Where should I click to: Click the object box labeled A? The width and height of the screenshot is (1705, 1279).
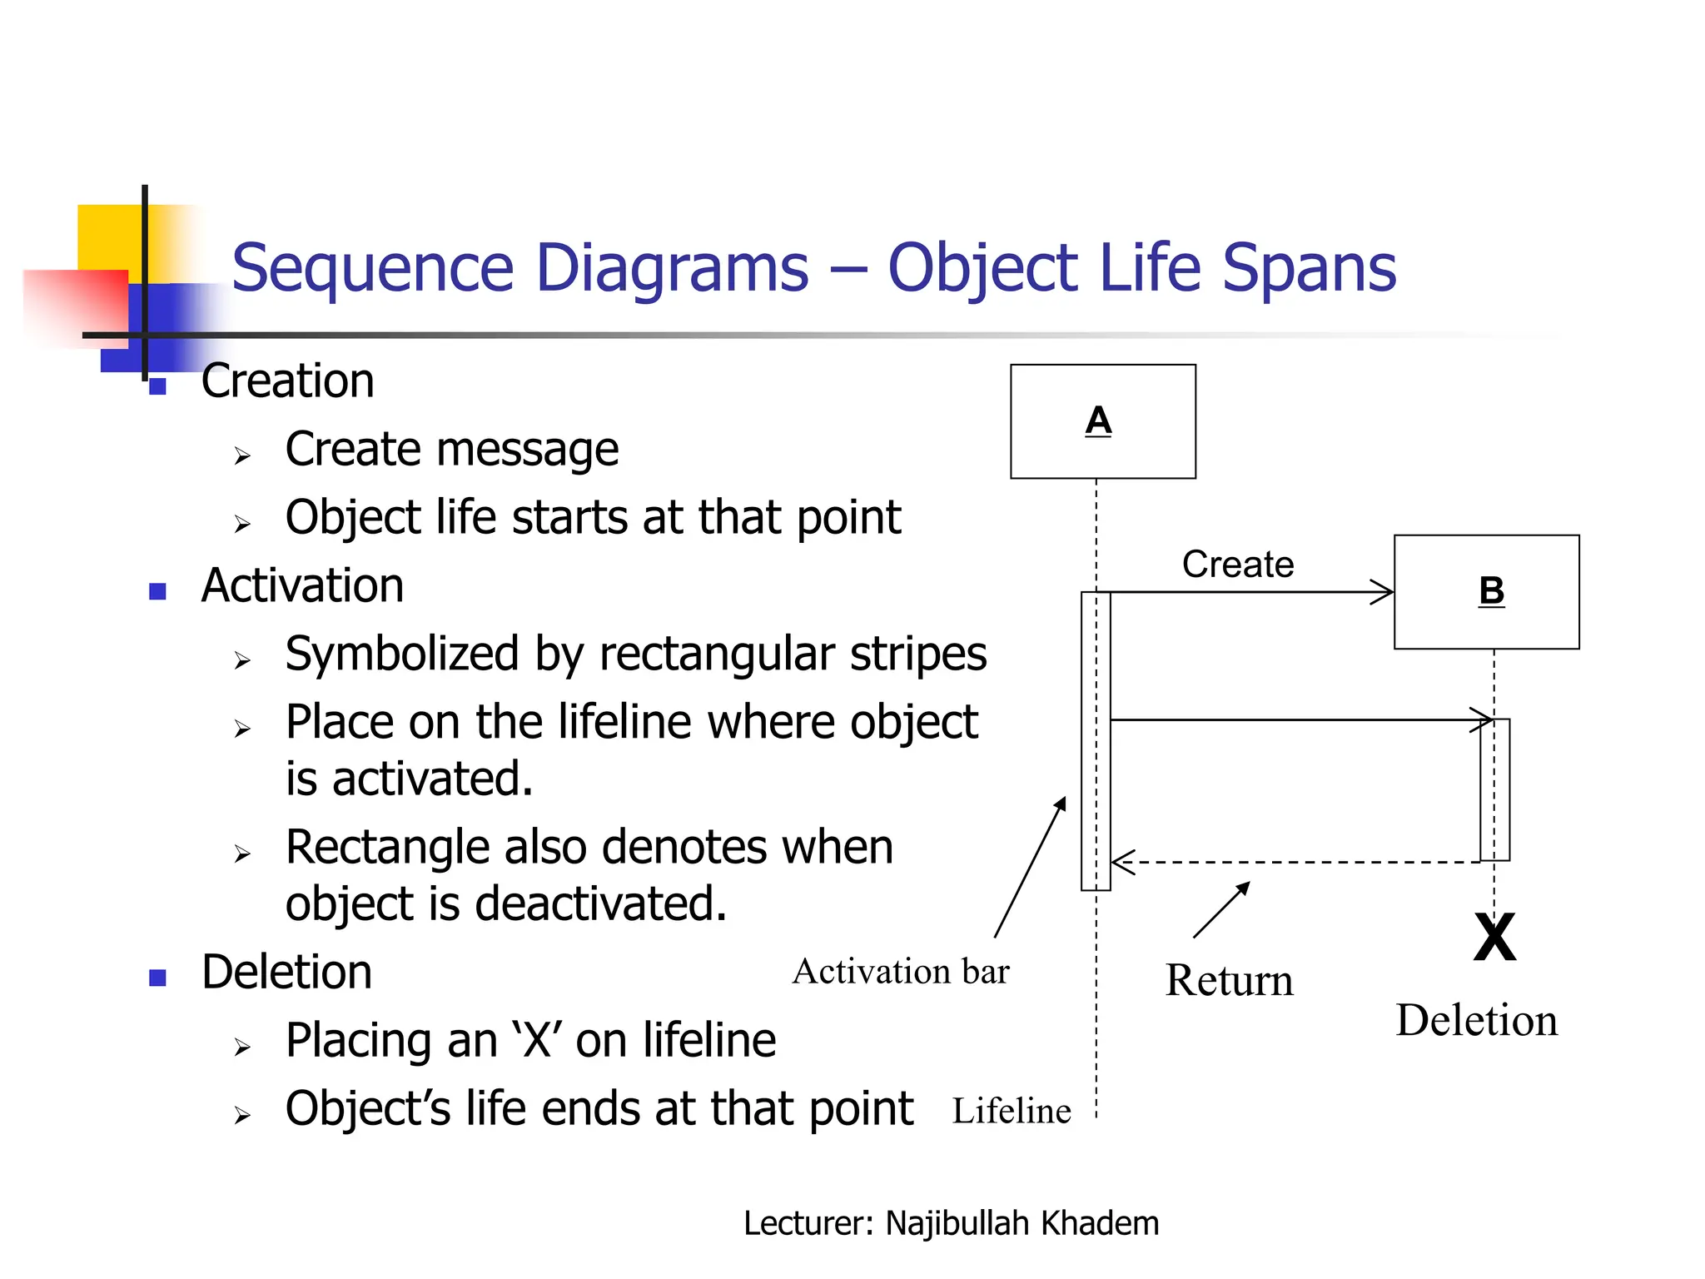pos(1102,421)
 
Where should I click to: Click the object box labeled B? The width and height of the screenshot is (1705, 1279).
pos(1486,592)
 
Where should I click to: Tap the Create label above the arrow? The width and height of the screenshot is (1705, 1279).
pos(1237,565)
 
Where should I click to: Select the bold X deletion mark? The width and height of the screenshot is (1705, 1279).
pos(1494,938)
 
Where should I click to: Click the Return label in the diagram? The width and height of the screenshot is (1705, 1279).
pos(1229,980)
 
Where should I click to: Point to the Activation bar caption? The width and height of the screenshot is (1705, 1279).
pos(901,972)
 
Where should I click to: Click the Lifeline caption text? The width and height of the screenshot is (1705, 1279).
pos(1011,1111)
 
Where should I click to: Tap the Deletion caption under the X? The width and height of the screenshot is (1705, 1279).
pos(1476,1020)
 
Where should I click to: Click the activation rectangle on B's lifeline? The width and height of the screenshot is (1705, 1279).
pos(1494,789)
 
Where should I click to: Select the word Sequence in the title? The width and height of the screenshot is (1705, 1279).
pos(372,268)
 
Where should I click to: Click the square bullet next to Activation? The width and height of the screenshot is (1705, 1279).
pos(158,591)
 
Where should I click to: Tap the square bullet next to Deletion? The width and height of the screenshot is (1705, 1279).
pos(158,978)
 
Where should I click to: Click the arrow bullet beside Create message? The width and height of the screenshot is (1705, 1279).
pos(242,455)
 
